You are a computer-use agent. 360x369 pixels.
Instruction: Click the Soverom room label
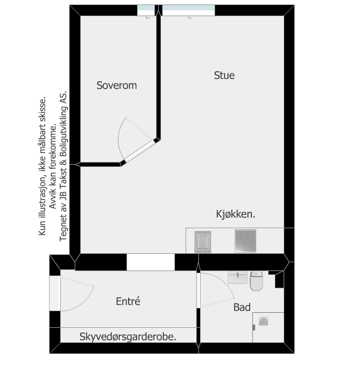coord(116,86)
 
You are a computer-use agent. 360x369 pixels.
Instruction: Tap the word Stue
coord(224,75)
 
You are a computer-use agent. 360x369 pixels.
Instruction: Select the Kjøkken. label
coord(236,214)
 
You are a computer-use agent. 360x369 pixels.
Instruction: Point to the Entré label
coord(128,301)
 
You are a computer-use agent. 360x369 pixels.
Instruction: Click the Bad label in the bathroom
coord(242,307)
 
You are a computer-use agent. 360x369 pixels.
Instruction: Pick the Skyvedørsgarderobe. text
coord(128,337)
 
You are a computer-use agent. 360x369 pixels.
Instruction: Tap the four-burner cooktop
coord(245,241)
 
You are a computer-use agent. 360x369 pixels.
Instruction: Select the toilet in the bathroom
coord(256,282)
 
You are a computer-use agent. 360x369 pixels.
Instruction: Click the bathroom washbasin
coord(238,277)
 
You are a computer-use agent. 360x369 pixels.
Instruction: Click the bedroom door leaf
coord(139,151)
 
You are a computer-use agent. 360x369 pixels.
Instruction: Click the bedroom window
coord(146,10)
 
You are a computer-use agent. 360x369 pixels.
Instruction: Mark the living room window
coord(188,10)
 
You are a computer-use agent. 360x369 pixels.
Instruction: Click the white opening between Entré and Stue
coord(150,262)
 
